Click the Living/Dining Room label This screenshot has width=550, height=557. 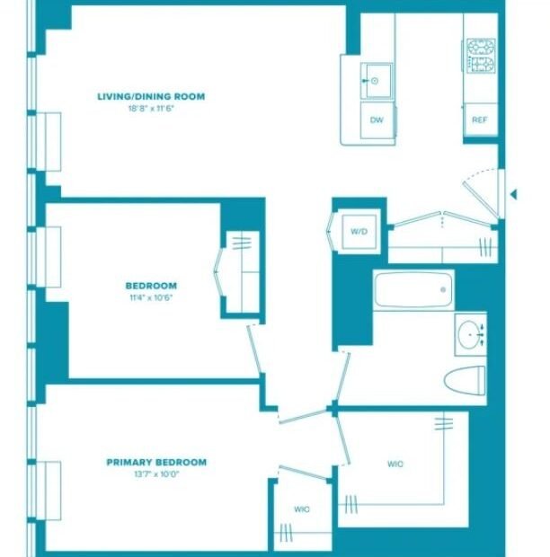click(x=151, y=96)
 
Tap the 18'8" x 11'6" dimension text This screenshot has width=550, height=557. click(x=151, y=109)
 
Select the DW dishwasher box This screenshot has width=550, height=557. click(x=377, y=120)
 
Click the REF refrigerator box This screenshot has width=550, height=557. click(x=480, y=119)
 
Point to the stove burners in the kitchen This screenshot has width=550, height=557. click(x=481, y=56)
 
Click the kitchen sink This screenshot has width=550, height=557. click(x=377, y=82)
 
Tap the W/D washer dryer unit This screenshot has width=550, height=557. click(x=359, y=232)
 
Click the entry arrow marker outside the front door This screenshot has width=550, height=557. click(x=513, y=194)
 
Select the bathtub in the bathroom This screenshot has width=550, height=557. click(x=413, y=290)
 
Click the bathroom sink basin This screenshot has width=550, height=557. click(x=468, y=334)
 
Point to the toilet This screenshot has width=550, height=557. click(x=465, y=381)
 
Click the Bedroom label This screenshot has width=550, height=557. click(x=151, y=286)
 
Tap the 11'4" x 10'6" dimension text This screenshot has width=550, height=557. click(x=151, y=297)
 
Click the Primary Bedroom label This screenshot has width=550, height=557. click(x=156, y=462)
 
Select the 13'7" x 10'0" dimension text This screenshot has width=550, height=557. click(x=156, y=473)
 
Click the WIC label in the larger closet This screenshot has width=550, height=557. click(x=395, y=464)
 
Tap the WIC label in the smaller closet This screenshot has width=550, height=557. click(x=302, y=509)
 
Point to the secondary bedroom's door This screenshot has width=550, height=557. click(x=255, y=349)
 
